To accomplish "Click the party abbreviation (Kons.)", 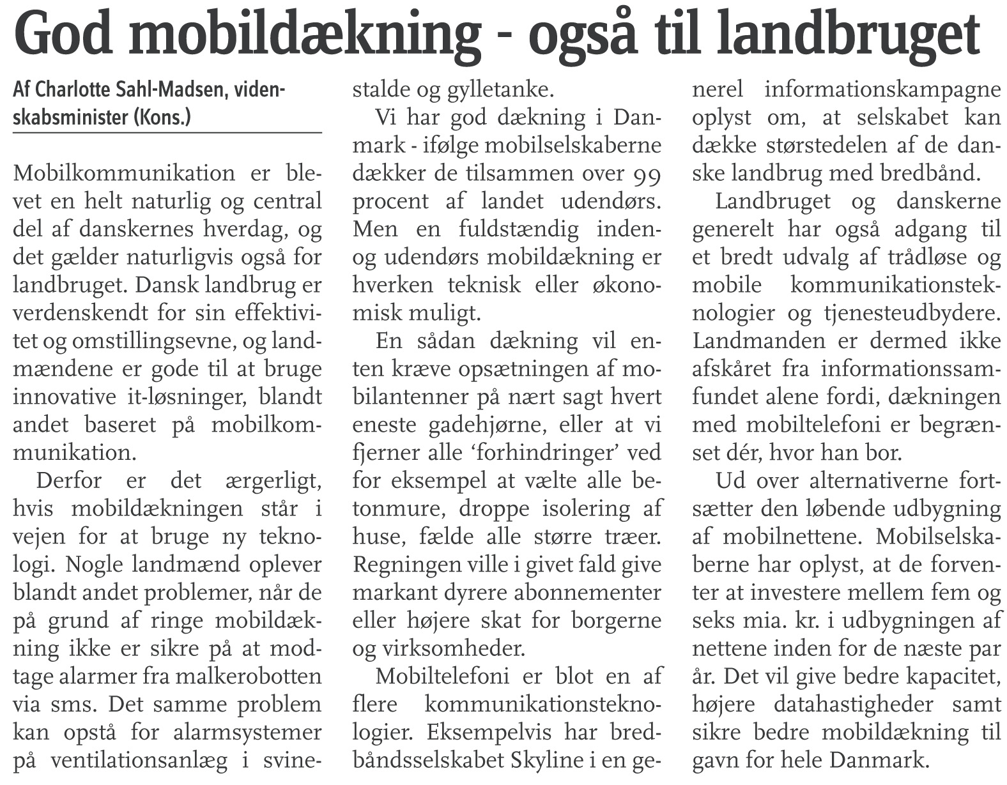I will click(x=162, y=118).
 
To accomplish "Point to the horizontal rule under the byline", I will click(x=167, y=132).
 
